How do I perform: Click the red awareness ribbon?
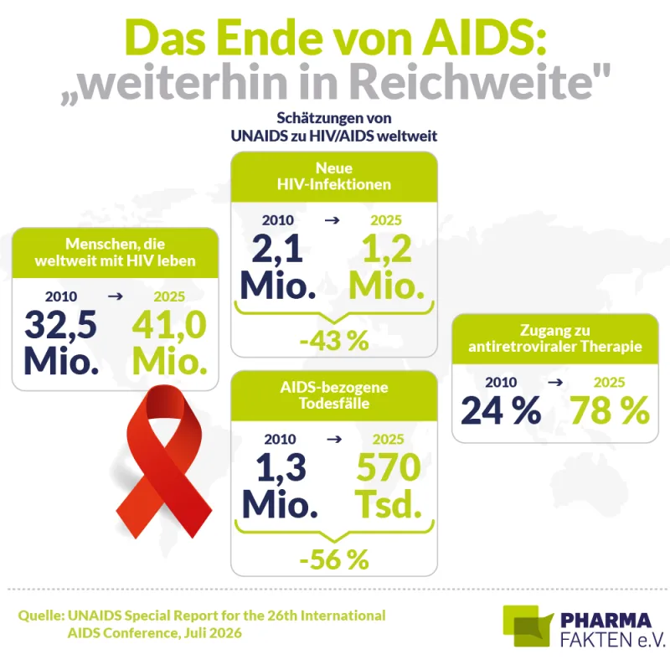163,461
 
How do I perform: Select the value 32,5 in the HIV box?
61,325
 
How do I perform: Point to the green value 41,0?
169,325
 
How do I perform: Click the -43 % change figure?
334,341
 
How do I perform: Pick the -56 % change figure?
334,559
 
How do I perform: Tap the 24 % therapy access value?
501,410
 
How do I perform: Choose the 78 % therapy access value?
610,410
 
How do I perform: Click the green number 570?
389,467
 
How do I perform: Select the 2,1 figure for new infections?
277,249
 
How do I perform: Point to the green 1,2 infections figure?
387,249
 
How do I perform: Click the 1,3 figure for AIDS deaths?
281,467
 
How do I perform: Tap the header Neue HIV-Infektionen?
334,176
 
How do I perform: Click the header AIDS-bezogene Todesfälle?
334,395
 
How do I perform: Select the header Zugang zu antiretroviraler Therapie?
555,338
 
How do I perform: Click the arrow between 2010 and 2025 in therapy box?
555,382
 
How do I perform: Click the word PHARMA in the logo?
606,620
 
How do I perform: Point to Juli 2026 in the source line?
214,632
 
